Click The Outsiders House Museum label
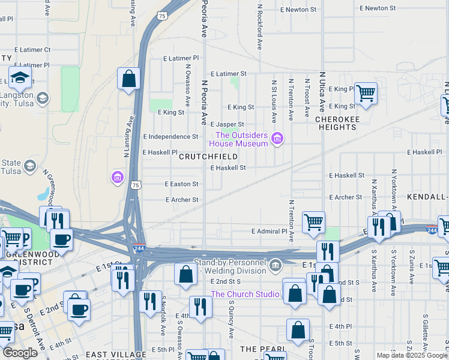pos(238,139)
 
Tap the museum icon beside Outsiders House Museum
pos(277,139)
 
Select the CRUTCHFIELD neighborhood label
pos(208,157)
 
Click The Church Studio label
pos(244,294)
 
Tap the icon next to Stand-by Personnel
pos(275,264)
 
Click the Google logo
pos(20,353)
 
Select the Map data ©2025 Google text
pos(411,355)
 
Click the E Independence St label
pos(170,137)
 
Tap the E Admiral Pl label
pos(270,231)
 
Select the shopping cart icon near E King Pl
pos(366,93)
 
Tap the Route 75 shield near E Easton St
pos(136,185)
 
